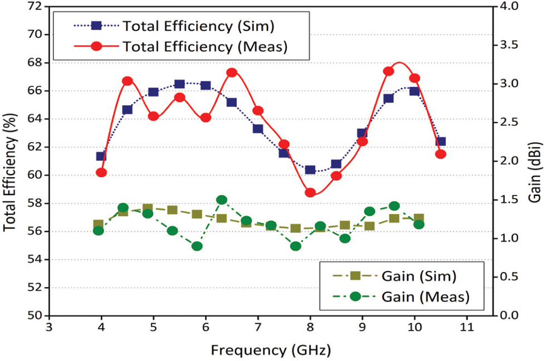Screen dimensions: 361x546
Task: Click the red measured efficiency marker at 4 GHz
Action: click(x=101, y=173)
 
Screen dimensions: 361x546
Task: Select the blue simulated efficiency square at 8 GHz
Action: click(x=310, y=170)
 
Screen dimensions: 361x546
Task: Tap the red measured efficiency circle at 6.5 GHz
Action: click(x=232, y=72)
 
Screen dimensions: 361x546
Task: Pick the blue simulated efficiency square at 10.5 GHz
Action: click(x=441, y=142)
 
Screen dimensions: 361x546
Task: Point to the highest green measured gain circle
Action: click(x=221, y=200)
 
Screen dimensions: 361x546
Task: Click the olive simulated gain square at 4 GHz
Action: click(x=98, y=225)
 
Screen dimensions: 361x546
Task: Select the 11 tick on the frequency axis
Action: click(x=467, y=328)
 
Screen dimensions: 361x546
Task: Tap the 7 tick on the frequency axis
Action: click(x=258, y=328)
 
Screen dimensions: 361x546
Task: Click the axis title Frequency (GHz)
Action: click(x=270, y=350)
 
